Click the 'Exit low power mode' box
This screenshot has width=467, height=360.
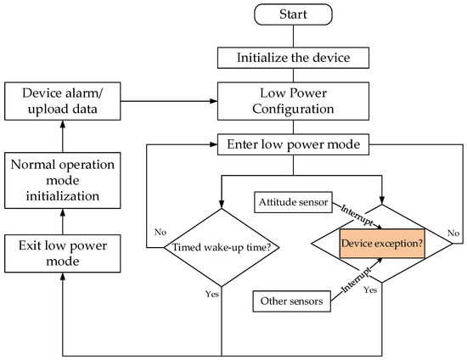coord(60,252)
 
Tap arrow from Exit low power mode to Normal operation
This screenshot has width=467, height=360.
coord(60,218)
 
